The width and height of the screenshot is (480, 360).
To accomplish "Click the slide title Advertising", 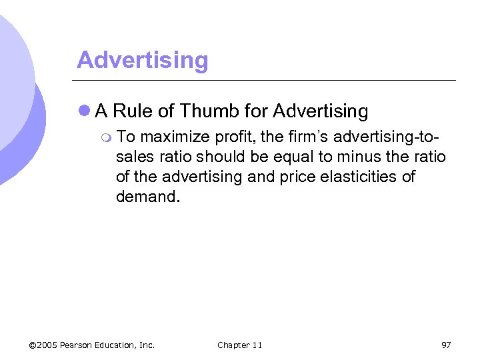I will point(142,60).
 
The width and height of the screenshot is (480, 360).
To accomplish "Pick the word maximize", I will point(175,137).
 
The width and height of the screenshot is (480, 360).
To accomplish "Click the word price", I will point(310,177).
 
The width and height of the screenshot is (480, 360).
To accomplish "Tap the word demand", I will point(146,197).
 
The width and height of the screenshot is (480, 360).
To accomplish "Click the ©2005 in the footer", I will point(43,345).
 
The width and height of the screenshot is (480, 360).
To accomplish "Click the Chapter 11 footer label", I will point(239,345).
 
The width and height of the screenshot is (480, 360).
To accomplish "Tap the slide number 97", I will point(446,345).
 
